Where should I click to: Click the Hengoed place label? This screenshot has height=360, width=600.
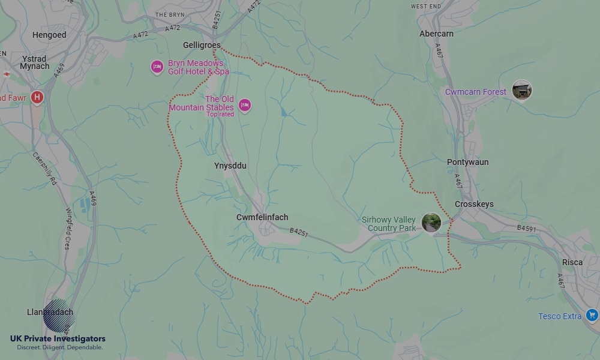[x=49, y=35]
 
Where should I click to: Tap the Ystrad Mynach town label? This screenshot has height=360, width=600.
[x=35, y=62]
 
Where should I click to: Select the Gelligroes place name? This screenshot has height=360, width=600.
[x=202, y=46]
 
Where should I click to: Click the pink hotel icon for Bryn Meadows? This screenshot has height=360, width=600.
[x=157, y=67]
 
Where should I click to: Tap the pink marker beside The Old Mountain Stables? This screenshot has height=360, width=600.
[x=244, y=106]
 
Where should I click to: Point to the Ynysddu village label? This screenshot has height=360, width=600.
[x=230, y=166]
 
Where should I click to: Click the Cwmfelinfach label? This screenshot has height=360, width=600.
[x=262, y=217]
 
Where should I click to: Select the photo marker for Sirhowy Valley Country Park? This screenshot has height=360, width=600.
[x=431, y=223]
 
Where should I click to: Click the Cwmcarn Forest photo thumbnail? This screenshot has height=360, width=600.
[x=521, y=91]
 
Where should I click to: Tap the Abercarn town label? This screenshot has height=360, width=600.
[x=436, y=34]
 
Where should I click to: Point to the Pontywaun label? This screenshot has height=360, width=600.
[x=467, y=162]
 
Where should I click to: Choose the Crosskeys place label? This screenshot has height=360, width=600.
[x=474, y=204]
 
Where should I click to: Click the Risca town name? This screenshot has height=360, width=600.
[x=572, y=262]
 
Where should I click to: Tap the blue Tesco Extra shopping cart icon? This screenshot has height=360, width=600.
[x=592, y=315]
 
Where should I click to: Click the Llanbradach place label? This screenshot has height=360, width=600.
[x=50, y=312]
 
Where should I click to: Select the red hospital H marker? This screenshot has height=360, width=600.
[x=37, y=97]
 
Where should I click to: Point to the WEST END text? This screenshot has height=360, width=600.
[x=426, y=6]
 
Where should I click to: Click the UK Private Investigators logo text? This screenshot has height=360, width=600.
[x=58, y=339]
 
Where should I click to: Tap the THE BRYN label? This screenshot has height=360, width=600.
[x=169, y=14]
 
